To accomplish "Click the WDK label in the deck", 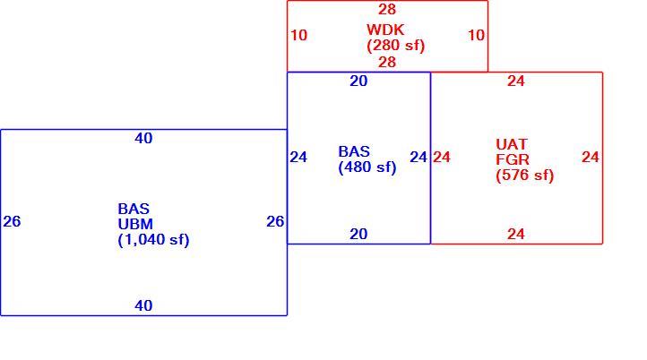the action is [385, 30].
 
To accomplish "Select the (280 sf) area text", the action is [396, 46].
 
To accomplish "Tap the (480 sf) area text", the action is [367, 167].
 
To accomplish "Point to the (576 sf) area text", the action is [525, 175].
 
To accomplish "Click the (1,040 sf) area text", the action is [153, 240].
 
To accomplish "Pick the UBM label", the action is [135, 224].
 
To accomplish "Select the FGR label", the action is [513, 159].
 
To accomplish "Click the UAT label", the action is [512, 144].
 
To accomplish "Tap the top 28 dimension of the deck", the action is [387, 9].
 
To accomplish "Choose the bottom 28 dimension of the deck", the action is [387, 63].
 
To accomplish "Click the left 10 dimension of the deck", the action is [299, 35].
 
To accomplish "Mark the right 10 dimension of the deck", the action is [476, 35].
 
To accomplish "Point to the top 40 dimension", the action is [143, 138].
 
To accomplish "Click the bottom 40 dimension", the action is [143, 305].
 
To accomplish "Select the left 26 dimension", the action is [12, 221].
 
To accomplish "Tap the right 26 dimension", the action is [275, 221].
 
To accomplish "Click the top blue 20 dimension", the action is [358, 81].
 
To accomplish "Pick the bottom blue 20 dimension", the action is [358, 235].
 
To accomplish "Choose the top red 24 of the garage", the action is [516, 81].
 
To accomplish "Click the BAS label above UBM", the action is [134, 209].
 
